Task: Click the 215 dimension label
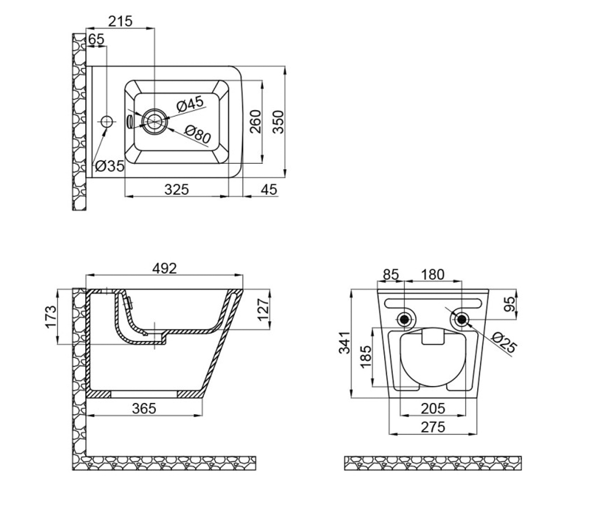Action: pyautogui.click(x=121, y=21)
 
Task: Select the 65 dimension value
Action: pyautogui.click(x=96, y=39)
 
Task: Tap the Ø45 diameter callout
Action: pyautogui.click(x=190, y=104)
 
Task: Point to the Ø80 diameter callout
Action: pyautogui.click(x=198, y=134)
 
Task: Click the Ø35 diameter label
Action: pyautogui.click(x=110, y=166)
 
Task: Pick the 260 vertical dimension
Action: pyautogui.click(x=255, y=121)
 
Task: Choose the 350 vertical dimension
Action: pyautogui.click(x=278, y=122)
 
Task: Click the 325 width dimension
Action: pyautogui.click(x=176, y=189)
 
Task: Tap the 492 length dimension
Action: pyautogui.click(x=164, y=268)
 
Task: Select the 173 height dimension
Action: pyautogui.click(x=51, y=317)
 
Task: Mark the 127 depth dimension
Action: pyautogui.click(x=264, y=310)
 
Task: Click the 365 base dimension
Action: pyautogui.click(x=144, y=409)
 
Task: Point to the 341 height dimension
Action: pyautogui.click(x=344, y=343)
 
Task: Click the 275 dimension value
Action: pyautogui.click(x=433, y=427)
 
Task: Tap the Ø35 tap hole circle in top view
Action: pyautogui.click(x=107, y=121)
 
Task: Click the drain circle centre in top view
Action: pyautogui.click(x=155, y=121)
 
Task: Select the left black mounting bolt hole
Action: pyautogui.click(x=405, y=319)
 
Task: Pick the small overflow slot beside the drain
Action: pyautogui.click(x=129, y=120)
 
